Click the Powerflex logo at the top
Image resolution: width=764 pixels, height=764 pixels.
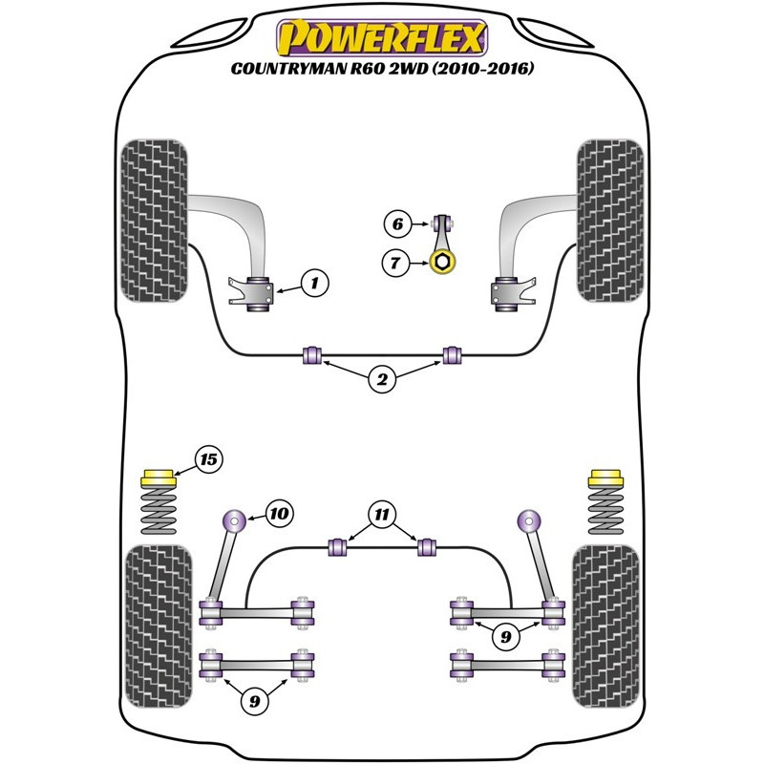382,37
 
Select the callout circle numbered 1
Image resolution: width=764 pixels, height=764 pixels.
315,283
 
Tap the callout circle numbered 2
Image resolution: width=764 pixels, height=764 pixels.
382,379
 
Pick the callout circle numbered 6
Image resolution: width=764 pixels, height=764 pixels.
397,224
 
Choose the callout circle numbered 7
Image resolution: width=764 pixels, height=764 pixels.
395,264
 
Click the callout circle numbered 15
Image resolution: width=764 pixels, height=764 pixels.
209,459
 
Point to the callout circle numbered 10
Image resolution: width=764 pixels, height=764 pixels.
279,514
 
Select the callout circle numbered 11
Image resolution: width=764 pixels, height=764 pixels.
382,515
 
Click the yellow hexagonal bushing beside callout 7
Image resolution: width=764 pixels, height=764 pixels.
442,262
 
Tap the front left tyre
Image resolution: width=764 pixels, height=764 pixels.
154,221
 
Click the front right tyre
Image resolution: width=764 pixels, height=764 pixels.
610,221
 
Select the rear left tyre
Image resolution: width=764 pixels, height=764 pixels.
159,626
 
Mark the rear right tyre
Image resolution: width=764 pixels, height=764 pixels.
605,626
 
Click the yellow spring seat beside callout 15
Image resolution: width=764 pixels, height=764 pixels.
158,478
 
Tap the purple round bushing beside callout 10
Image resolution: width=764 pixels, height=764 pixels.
234,521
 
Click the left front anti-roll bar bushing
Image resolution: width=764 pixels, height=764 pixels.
312,355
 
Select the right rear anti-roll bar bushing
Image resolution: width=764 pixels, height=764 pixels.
427,547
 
